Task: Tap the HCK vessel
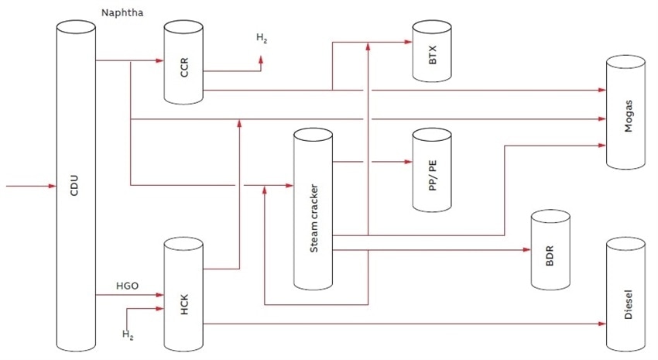tap(183, 298)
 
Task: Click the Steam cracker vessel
tap(313, 209)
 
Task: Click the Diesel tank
tap(625, 294)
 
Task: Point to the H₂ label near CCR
tap(262, 37)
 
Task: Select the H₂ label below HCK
tap(128, 334)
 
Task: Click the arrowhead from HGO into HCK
tap(159, 295)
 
